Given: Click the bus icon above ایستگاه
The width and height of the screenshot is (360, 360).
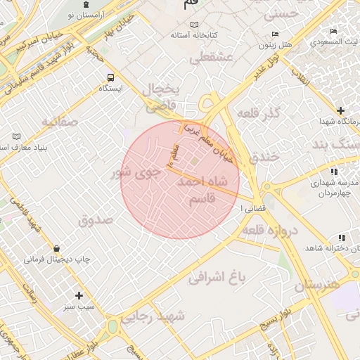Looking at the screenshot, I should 110,77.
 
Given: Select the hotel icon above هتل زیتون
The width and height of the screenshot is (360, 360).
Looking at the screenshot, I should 275,34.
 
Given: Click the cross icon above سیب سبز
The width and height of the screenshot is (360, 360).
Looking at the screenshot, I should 79,295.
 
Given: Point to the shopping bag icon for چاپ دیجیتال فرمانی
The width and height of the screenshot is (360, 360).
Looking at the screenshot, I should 56,248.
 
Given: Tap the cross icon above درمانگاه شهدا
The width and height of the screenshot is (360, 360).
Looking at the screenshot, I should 341,110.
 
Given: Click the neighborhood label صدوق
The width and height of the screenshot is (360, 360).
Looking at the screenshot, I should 96,219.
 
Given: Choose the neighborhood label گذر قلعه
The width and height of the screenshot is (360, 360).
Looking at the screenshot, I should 259,113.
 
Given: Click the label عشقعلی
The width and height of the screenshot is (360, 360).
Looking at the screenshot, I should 221,59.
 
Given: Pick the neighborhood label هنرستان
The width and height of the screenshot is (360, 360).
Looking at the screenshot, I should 316,285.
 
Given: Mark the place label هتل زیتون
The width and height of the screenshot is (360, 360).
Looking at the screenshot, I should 276,44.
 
